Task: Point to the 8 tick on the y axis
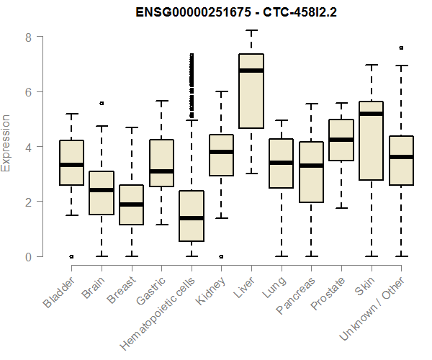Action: coord(27,37)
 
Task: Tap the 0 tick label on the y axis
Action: coord(27,257)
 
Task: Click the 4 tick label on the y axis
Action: coord(27,147)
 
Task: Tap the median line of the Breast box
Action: coord(132,204)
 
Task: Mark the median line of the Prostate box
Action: coord(341,140)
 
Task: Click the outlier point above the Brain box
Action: coord(102,103)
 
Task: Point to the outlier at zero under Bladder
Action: coord(72,256)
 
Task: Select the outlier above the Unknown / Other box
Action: coord(401,48)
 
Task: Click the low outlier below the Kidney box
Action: coord(221,256)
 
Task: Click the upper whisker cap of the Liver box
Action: coord(251,31)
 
